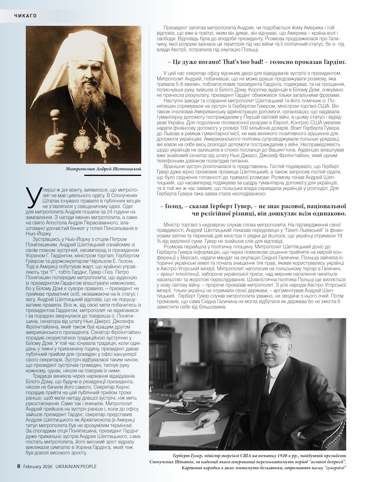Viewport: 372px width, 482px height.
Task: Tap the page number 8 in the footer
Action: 19,466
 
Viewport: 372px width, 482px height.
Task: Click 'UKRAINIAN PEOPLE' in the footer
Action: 77,466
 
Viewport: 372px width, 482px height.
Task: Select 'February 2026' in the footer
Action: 39,466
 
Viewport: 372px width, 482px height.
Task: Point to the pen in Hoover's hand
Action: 200,425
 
